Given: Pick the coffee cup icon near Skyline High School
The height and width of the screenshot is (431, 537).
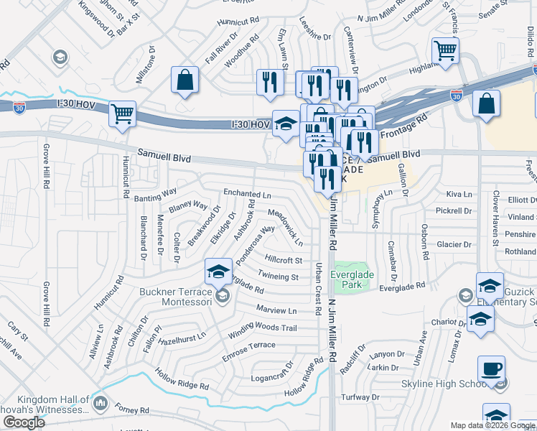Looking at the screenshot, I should point(491,369).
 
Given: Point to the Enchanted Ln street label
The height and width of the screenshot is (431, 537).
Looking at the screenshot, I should point(247,194).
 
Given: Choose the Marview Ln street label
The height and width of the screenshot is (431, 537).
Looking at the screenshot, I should point(276,311).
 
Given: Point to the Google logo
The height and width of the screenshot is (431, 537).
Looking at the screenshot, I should point(24,422).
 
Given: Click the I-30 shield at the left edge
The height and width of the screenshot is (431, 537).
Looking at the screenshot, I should point(19,108).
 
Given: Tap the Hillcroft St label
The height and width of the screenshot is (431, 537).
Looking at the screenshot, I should point(283,260).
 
